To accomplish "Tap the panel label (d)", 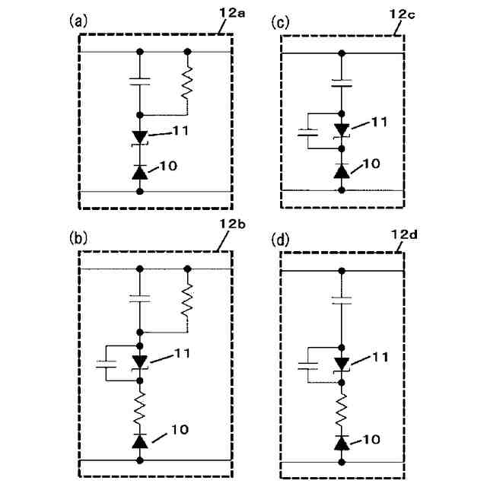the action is tap(281, 240).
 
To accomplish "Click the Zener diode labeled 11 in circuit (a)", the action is tap(139, 136).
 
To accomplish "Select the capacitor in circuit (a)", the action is tap(139, 81).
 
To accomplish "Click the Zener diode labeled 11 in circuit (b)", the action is tap(139, 361).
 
